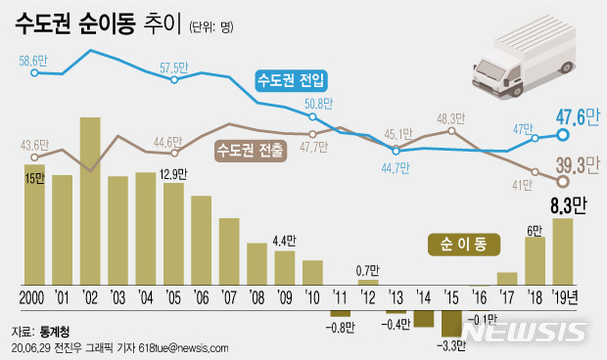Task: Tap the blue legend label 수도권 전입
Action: [291, 78]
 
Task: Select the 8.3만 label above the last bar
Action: [566, 205]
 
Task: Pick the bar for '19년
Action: [563, 250]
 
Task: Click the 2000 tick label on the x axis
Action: [34, 296]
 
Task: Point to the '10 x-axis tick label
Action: [312, 296]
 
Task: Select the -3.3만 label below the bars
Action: [451, 344]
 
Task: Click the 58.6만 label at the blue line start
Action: [33, 60]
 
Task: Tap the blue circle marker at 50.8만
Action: [312, 117]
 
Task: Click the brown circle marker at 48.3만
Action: [451, 130]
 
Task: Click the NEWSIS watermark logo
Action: [529, 334]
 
